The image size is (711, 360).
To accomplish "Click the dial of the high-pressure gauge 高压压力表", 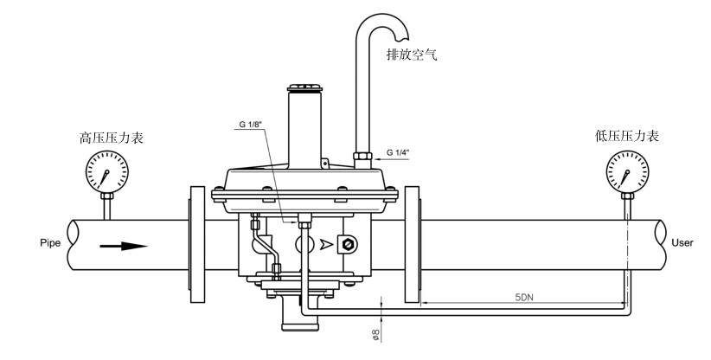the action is click(107, 172).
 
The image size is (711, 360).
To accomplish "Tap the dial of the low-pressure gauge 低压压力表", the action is click(628, 172).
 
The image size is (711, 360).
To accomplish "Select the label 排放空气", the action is click(412, 55).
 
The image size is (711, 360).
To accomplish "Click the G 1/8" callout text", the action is click(251, 125).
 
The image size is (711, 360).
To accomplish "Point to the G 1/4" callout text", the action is click(398, 152).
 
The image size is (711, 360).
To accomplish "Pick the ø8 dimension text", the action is click(376, 335).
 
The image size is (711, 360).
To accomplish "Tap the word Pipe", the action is click(50, 243).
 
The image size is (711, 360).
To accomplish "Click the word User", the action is click(682, 243).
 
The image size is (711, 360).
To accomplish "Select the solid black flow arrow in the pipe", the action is click(124, 246).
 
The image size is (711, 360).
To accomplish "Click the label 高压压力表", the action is click(112, 138).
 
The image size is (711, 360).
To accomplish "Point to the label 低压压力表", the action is click(626, 136).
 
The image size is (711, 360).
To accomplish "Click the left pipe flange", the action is click(197, 244).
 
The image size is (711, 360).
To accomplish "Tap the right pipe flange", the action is click(413, 244).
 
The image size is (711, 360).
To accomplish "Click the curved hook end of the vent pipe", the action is click(400, 26).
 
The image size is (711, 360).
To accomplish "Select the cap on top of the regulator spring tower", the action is click(304, 87).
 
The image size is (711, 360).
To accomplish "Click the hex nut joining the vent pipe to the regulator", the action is click(362, 157).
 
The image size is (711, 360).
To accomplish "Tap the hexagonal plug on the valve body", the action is click(348, 245).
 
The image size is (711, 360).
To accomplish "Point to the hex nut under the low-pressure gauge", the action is click(628, 196).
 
